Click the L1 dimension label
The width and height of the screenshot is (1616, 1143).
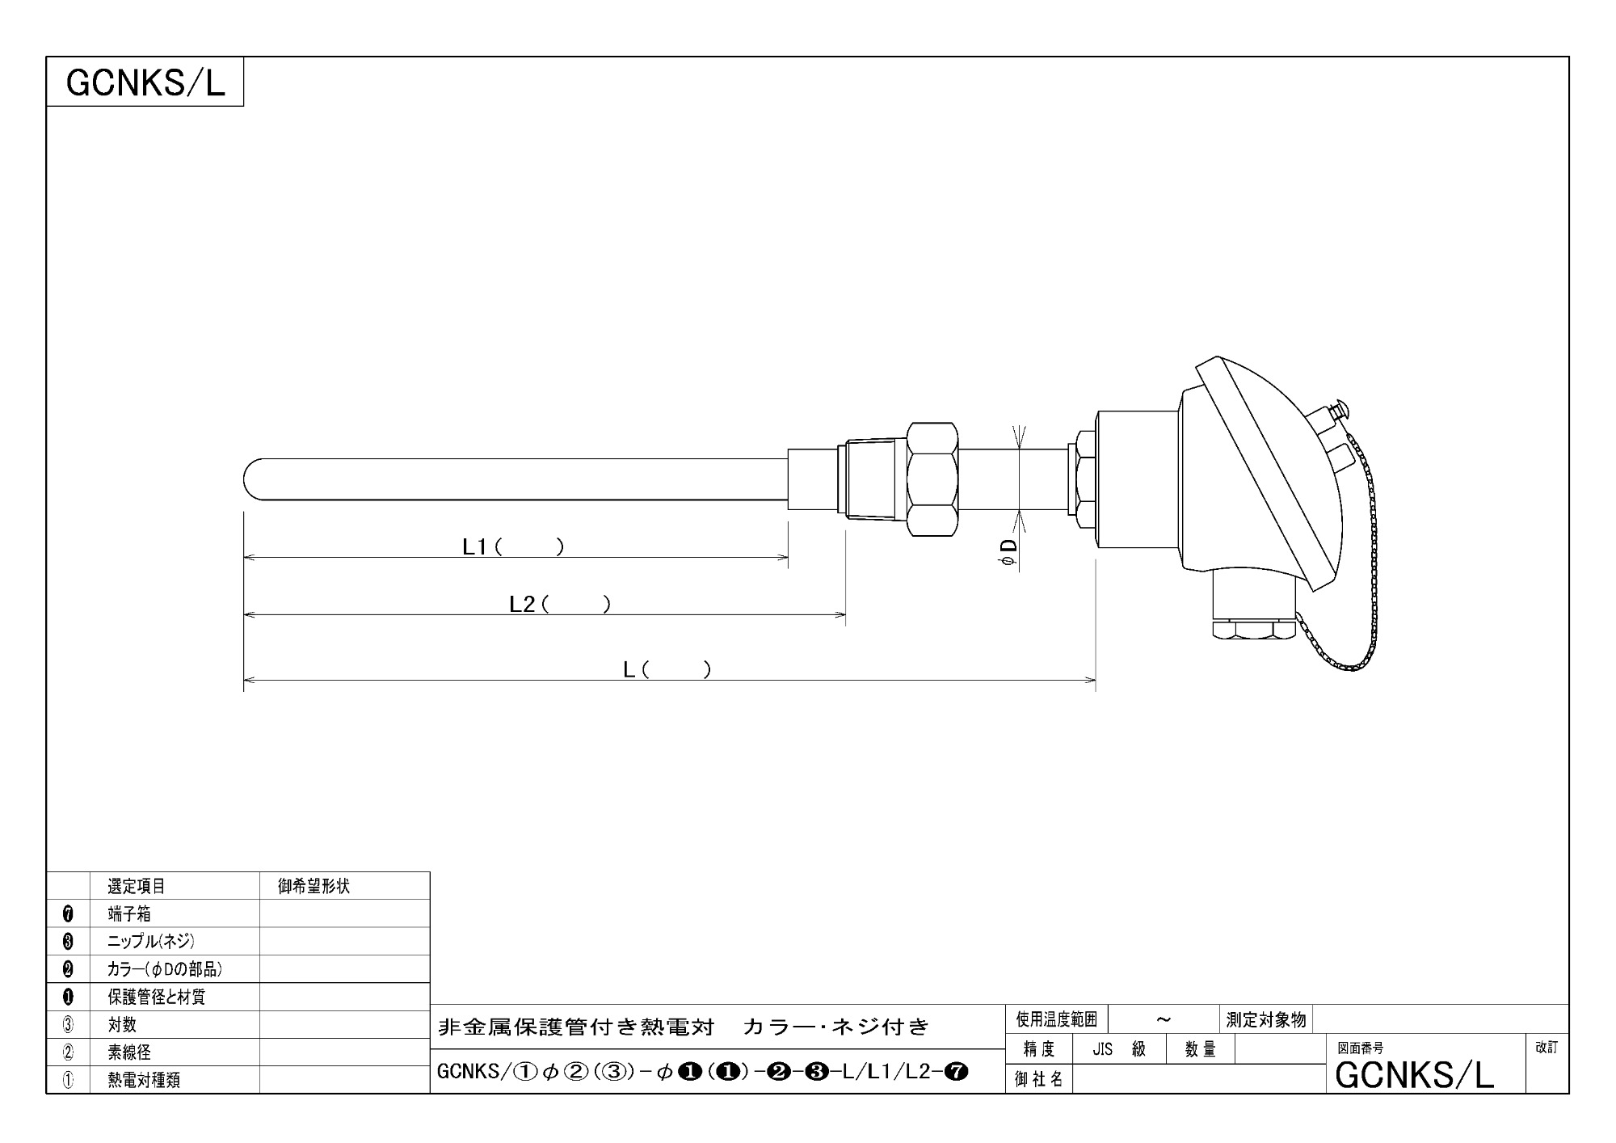click(513, 547)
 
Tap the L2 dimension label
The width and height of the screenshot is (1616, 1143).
click(560, 605)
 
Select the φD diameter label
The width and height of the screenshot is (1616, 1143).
click(1009, 553)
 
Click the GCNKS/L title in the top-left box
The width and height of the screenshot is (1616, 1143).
click(145, 82)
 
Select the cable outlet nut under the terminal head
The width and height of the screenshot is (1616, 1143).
click(1253, 630)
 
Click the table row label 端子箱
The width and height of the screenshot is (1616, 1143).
click(129, 914)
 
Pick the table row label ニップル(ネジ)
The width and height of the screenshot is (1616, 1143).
click(151, 942)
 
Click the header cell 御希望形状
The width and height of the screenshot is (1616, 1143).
click(314, 886)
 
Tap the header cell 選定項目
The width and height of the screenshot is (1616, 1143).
click(137, 886)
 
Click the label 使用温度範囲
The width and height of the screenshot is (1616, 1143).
click(1056, 1019)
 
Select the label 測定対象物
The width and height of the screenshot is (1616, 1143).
click(1266, 1019)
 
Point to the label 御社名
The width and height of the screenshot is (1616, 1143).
click(1039, 1079)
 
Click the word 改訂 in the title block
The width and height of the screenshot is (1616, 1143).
click(1547, 1047)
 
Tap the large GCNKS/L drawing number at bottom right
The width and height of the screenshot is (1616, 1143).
click(1415, 1075)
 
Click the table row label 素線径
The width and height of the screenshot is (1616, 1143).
click(129, 1052)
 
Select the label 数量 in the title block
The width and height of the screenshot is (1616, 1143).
click(1201, 1049)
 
